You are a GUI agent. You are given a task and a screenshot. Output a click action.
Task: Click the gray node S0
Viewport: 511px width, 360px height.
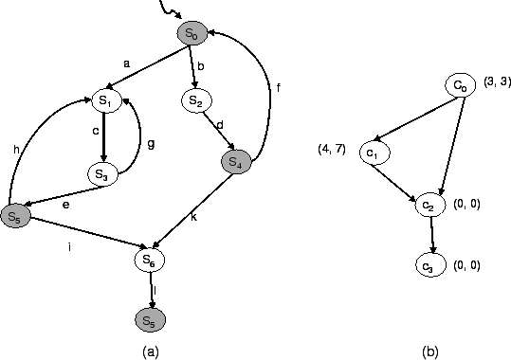click(x=191, y=34)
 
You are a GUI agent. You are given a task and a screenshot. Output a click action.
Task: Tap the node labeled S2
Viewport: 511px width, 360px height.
click(x=195, y=100)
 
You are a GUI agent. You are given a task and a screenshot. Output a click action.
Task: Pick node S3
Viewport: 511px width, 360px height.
click(x=103, y=173)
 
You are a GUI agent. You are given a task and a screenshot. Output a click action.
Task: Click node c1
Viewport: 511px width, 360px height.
click(x=374, y=153)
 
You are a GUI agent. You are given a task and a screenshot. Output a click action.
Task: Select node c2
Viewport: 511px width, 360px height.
click(x=429, y=205)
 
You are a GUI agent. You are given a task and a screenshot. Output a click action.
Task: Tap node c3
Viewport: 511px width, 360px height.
click(x=431, y=266)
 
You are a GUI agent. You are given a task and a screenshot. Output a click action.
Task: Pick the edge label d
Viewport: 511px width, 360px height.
click(x=220, y=124)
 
